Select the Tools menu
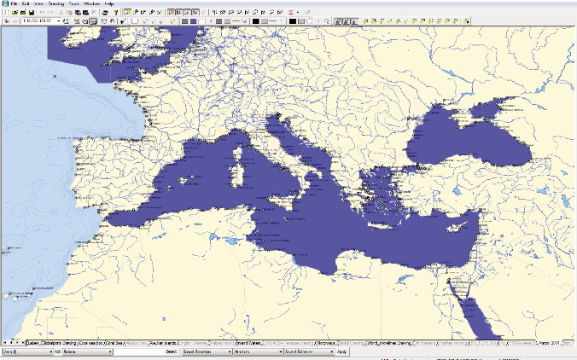(73, 4)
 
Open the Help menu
(109, 4)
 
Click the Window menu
(91, 4)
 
